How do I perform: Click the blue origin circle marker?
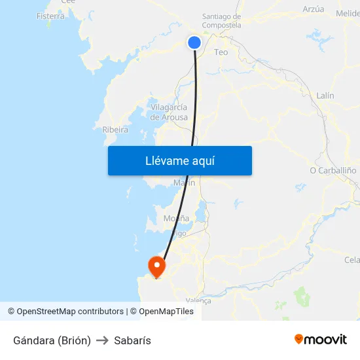[194, 43]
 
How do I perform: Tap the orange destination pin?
[157, 266]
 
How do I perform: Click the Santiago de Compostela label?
[221, 21]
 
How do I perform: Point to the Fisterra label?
[51, 16]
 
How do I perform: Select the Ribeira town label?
[115, 130]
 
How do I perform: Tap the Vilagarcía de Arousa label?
[169, 112]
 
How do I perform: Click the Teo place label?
[221, 52]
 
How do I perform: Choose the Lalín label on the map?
[325, 96]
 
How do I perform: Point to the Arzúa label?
[314, 9]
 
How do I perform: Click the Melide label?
[348, 13]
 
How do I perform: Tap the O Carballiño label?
[333, 170]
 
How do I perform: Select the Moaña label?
[177, 218]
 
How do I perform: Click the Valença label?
[199, 300]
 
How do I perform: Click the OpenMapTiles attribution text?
[166, 312]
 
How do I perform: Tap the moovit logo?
[321, 339]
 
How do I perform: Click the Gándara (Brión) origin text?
[52, 340]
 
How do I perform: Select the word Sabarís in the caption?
[132, 340]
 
